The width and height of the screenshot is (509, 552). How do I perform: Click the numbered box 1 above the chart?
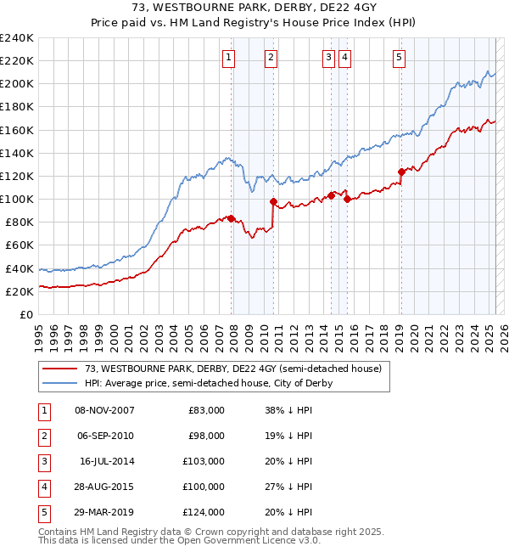(230, 58)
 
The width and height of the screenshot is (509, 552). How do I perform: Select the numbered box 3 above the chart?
(327, 58)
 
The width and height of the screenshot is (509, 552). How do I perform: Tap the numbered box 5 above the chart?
(399, 58)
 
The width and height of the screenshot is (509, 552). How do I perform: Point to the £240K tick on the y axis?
(17, 38)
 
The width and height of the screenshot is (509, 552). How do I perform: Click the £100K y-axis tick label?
(17, 199)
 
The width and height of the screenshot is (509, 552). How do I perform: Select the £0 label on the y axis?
(27, 314)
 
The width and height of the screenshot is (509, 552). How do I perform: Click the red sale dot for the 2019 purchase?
(400, 172)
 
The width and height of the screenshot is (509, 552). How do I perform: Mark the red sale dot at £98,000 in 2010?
(273, 201)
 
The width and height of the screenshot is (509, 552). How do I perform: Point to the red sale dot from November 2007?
(232, 218)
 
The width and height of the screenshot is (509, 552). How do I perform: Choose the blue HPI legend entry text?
(208, 383)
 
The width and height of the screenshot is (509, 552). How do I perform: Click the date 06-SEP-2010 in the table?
(104, 436)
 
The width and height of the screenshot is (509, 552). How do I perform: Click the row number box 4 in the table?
(42, 487)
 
